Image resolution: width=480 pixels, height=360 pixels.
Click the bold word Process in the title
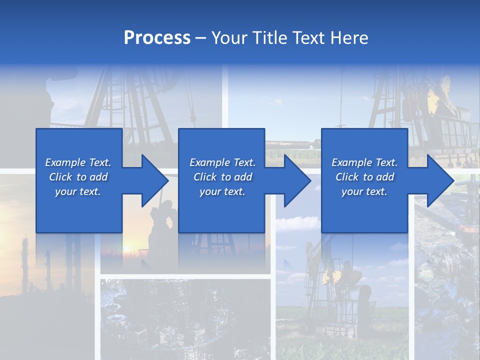157,38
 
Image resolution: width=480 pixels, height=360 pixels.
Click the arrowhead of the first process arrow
155,180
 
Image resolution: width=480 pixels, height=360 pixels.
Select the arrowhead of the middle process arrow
297,180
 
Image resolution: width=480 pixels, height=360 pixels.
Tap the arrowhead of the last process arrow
440,180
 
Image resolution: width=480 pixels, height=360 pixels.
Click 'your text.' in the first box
78,191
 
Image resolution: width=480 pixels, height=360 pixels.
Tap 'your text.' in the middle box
222,191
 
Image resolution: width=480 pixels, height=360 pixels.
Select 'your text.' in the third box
364,191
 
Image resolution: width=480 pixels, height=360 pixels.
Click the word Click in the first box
60,177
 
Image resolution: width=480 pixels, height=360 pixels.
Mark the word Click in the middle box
205,177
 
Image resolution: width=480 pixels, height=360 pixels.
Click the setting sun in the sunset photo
127,248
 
